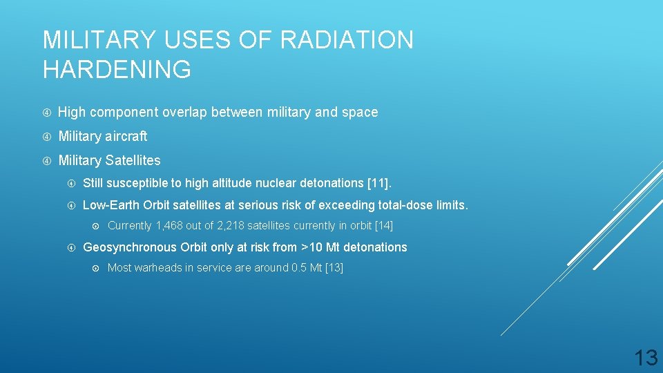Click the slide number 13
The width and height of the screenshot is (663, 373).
(646, 357)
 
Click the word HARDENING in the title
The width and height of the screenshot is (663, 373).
(117, 70)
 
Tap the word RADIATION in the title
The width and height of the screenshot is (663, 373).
(347, 40)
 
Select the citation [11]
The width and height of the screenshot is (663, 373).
(378, 183)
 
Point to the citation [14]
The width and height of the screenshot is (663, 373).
(383, 226)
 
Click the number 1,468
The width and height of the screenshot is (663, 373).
(172, 226)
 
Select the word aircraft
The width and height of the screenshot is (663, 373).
(126, 136)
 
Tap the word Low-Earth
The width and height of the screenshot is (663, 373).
(110, 205)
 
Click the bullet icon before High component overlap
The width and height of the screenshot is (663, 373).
(46, 113)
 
